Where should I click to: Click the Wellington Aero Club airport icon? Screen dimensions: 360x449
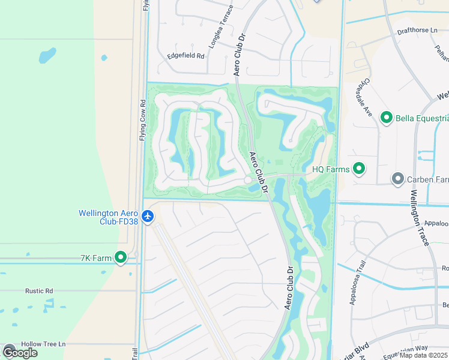148,215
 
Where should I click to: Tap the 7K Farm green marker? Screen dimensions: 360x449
121,258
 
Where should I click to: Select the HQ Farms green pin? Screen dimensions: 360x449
359,169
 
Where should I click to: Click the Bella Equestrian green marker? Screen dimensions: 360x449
386,118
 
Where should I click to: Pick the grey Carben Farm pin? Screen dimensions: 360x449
397,179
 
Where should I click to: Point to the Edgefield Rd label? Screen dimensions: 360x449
186,56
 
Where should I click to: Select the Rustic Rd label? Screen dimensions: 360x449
39,291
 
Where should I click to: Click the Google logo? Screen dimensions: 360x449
20,352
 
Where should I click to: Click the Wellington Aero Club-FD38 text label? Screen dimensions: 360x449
109,217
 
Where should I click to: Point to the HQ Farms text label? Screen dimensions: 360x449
331,170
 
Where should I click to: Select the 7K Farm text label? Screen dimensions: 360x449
96,258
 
